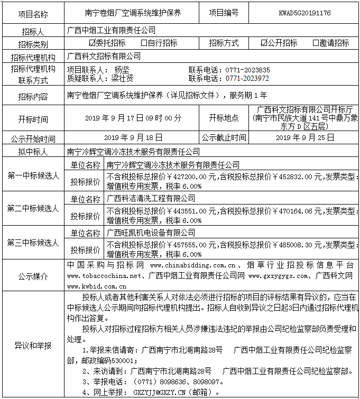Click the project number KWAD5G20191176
pos(304,13)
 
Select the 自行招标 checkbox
pos(144,43)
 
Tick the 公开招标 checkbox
pos(264,43)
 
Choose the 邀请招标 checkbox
pos(316,43)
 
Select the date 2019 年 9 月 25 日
pos(305,137)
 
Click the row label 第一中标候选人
pos(33,174)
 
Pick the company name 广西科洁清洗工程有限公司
pos(151,199)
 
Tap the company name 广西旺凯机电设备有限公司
pos(151,232)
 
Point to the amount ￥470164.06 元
pos(295,211)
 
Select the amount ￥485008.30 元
pos(295,245)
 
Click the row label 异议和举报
pos(33,346)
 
